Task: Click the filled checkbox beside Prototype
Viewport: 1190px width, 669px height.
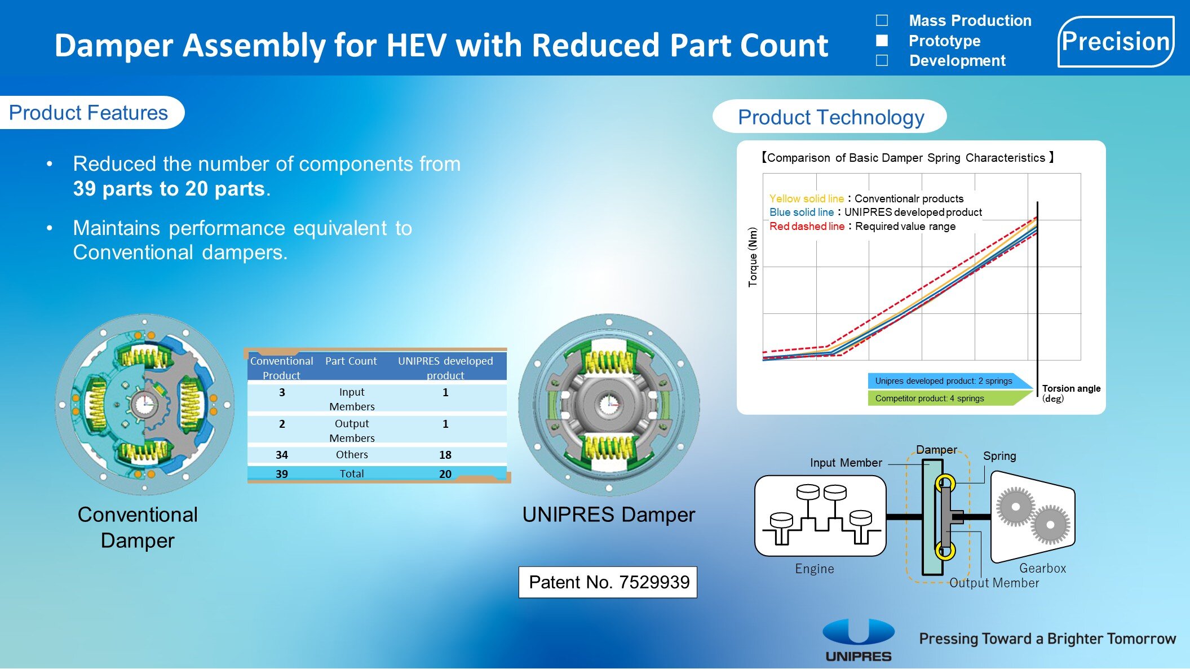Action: [x=882, y=41]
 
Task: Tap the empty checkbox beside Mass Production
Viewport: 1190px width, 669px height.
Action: [x=882, y=21]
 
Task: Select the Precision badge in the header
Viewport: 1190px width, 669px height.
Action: [x=1116, y=42]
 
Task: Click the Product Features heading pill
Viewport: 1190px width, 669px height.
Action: [x=90, y=113]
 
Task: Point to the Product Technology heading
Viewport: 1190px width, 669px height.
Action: [x=830, y=117]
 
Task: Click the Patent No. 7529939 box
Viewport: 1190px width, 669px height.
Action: [x=608, y=582]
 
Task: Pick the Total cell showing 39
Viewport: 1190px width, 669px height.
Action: [x=282, y=474]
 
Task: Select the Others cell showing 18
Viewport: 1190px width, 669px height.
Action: [x=445, y=455]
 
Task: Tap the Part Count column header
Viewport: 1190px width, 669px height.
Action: [x=351, y=361]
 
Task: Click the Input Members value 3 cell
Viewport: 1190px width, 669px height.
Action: [x=282, y=392]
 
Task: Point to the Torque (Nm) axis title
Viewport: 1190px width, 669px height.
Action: [x=753, y=257]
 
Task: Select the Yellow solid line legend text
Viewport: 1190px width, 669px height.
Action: [x=807, y=198]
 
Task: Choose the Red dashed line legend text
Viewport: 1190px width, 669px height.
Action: [x=807, y=226]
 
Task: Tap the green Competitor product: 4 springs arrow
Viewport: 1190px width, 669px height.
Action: [x=950, y=398]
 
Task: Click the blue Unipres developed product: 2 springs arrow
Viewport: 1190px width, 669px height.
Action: [x=950, y=381]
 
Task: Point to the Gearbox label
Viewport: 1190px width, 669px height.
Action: [x=1042, y=568]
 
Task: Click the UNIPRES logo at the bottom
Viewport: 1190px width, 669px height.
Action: [x=859, y=641]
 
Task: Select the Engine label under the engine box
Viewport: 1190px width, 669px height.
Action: [x=815, y=569]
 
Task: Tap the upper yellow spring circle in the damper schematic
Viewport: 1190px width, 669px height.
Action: [x=945, y=483]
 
